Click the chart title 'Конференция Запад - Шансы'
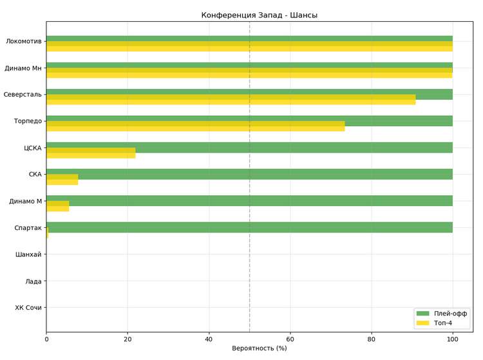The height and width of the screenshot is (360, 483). click(259, 15)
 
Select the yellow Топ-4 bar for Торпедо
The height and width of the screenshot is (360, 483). click(195, 126)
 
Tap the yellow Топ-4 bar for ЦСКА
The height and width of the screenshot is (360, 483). click(91, 153)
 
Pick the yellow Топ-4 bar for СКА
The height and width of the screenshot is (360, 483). click(62, 180)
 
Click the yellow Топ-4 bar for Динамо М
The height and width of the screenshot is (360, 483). click(57, 206)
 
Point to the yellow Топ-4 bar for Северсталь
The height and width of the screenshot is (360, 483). click(231, 100)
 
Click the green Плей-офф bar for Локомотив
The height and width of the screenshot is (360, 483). click(249, 39)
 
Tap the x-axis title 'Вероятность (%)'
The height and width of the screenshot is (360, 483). click(259, 348)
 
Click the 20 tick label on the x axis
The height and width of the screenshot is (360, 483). click(128, 337)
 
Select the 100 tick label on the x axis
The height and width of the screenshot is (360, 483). click(453, 337)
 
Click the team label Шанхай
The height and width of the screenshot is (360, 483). click(28, 254)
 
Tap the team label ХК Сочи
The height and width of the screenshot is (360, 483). click(28, 308)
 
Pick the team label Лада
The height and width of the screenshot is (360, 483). click(33, 281)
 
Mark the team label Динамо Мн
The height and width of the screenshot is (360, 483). click(23, 68)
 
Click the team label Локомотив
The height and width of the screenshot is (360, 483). click(24, 42)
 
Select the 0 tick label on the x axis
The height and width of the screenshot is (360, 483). click(46, 337)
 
